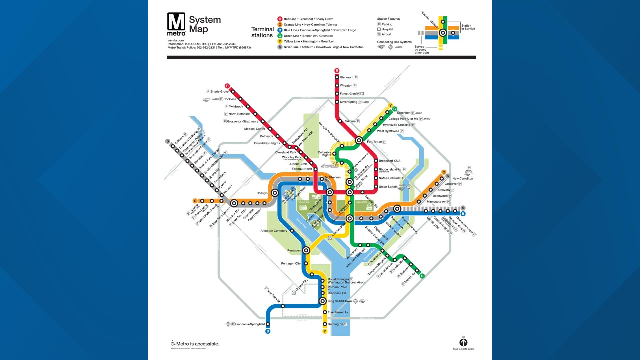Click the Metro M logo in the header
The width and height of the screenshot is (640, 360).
click(x=176, y=24)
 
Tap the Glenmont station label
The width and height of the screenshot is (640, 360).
click(x=346, y=77)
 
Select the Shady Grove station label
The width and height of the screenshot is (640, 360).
click(x=219, y=92)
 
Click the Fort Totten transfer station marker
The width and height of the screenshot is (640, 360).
click(x=359, y=140)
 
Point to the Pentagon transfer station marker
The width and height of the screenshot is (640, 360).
click(x=306, y=250)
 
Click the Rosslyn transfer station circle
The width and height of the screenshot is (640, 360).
click(x=275, y=193)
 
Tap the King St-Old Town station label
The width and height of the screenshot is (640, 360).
click(x=339, y=301)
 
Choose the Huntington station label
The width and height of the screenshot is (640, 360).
click(x=335, y=324)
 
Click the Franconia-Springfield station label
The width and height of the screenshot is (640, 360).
click(x=250, y=324)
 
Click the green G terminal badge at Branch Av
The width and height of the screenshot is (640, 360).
click(x=422, y=276)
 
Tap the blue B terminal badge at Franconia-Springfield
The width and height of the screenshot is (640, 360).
click(x=268, y=331)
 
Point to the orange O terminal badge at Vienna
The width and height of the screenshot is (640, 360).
click(x=195, y=201)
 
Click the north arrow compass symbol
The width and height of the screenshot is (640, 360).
click(x=463, y=342)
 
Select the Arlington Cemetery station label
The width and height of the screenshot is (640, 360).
click(x=273, y=231)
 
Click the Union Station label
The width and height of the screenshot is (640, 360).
click(x=388, y=187)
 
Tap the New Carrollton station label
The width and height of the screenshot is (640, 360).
click(x=462, y=178)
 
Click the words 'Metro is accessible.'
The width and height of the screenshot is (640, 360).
click(x=198, y=344)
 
